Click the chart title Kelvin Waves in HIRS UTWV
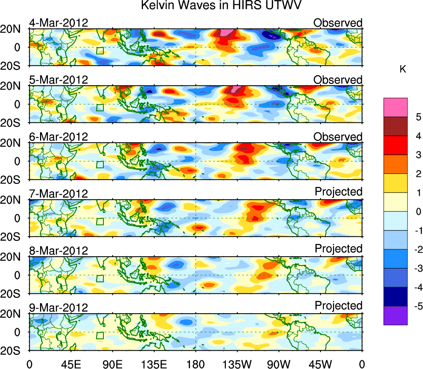tap(220, 6)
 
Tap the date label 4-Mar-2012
tap(58, 23)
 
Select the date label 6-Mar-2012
tap(58, 136)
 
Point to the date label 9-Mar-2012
tap(58, 307)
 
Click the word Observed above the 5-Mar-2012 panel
tap(338, 79)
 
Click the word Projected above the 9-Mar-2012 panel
tap(338, 305)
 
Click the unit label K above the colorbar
tap(403, 69)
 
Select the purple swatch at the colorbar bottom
tap(395, 315)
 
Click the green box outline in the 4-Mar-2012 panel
tap(100, 50)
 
